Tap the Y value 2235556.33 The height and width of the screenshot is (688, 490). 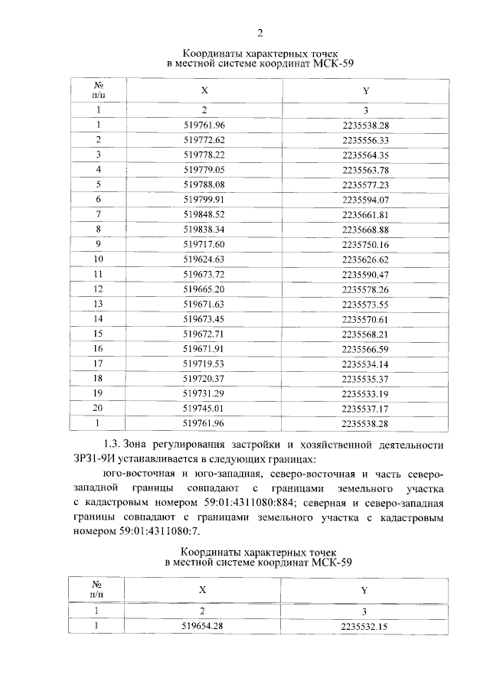[365, 140]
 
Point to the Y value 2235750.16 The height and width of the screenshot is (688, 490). [365, 243]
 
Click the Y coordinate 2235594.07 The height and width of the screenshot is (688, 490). [365, 199]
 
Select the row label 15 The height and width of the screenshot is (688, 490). [98, 333]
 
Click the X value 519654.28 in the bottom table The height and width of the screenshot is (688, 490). [204, 627]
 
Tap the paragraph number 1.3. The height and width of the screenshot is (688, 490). [113, 443]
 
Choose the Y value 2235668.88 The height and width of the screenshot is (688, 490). [365, 229]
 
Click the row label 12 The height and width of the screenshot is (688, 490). [98, 289]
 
